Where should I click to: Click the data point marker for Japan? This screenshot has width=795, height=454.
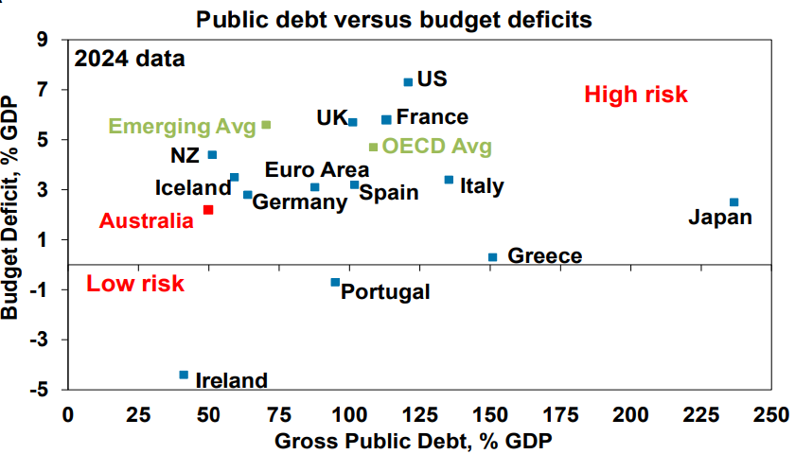click(733, 201)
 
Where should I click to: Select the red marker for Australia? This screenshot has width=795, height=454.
click(208, 209)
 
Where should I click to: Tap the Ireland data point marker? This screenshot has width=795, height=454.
click(184, 375)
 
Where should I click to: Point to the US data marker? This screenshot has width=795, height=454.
click(408, 82)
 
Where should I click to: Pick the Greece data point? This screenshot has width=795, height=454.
click(492, 256)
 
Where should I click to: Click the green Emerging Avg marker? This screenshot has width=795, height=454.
click(266, 125)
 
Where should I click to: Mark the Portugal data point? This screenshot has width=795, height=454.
click(335, 282)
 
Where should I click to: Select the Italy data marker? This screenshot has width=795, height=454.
click(449, 179)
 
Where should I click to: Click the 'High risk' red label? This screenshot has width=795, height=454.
click(635, 94)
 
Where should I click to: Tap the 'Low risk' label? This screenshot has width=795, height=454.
click(134, 284)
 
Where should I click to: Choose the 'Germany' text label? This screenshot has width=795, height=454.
click(300, 201)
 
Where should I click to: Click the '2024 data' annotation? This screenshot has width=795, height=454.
click(130, 59)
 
